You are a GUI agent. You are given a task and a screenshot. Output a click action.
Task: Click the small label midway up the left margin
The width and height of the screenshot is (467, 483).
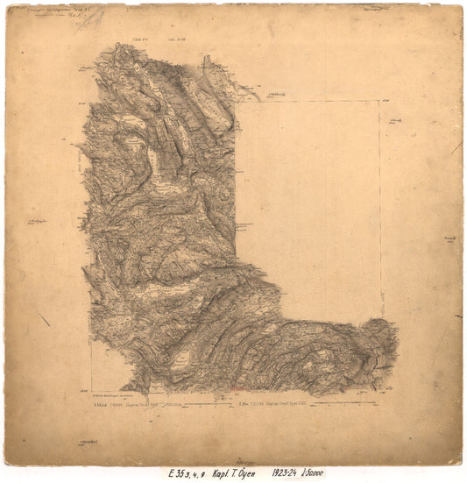(x=38, y=223)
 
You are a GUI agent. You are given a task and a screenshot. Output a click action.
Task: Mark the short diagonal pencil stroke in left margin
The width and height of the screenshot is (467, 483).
(x=44, y=320)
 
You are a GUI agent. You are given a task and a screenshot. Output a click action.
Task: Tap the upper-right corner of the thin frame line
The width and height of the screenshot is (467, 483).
(x=379, y=101)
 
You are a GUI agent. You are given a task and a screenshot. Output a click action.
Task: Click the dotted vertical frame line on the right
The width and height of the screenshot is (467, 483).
(x=379, y=210)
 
